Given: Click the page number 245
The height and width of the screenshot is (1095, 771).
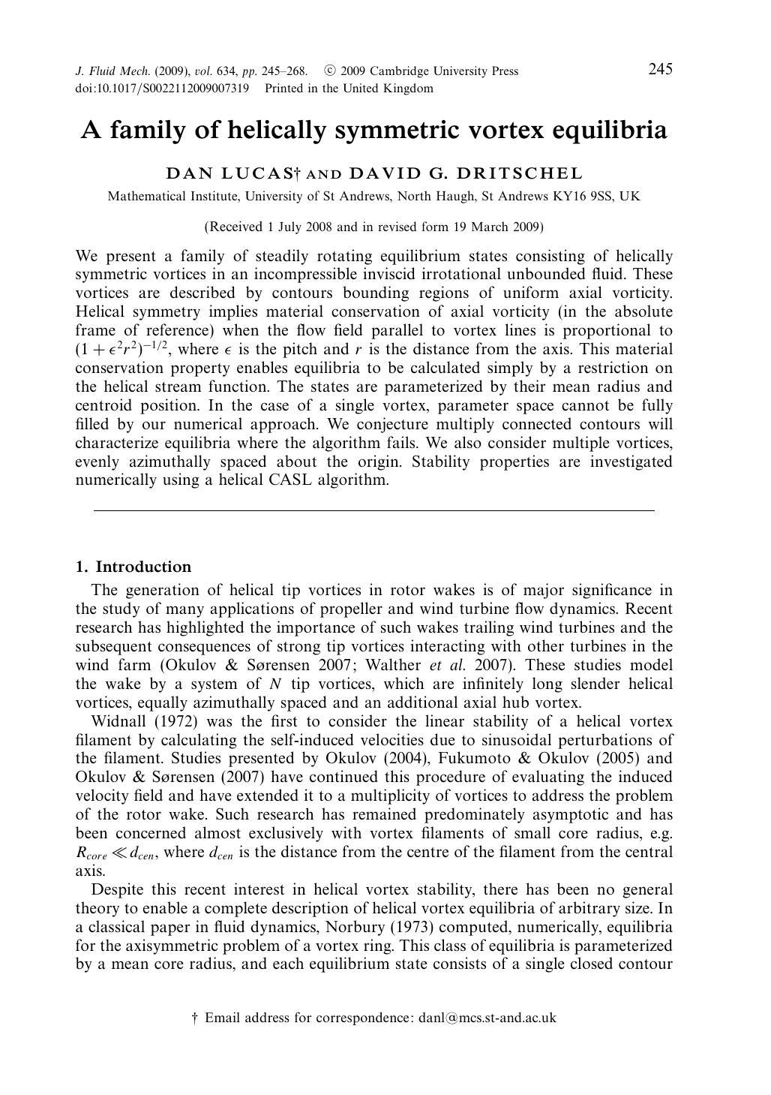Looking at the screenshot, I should pos(660,70).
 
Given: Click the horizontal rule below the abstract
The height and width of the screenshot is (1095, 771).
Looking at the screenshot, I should pos(373,510).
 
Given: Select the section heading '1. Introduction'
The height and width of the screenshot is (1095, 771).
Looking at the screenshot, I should pos(133,567).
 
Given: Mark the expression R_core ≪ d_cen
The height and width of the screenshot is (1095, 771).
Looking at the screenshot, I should pos(116,853).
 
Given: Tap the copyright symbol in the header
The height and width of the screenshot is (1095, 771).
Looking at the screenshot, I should pos(329,71).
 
